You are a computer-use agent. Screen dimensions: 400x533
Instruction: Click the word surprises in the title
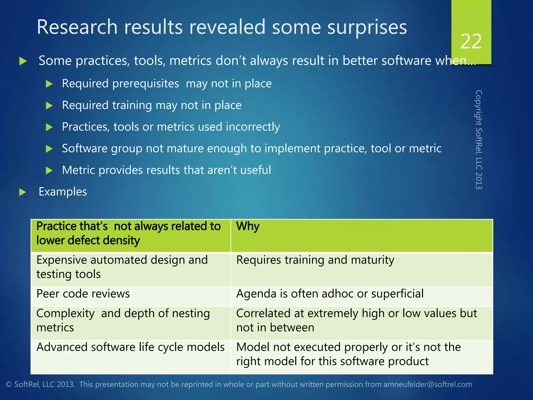pos(367,27)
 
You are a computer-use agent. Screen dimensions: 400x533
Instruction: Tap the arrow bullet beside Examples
pos(23,192)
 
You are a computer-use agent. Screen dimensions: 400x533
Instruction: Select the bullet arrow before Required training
pos(49,106)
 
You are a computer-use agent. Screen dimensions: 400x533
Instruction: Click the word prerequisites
pos(146,84)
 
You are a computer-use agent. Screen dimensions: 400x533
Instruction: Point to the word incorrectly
pos(253,127)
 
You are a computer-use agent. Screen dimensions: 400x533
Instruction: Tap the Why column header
pos(248,226)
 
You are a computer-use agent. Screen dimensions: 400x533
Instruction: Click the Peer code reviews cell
pos(83,294)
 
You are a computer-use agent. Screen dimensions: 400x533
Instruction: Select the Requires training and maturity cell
pos(315,260)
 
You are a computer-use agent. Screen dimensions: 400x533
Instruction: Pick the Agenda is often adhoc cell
pos(330,294)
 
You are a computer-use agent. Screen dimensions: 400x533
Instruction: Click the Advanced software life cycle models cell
pos(130,347)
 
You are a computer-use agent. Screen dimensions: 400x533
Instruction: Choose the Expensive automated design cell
pos(122,267)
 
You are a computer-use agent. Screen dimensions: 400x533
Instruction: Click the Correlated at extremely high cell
pos(356,320)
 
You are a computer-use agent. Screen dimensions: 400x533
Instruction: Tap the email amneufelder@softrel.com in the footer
pos(427,384)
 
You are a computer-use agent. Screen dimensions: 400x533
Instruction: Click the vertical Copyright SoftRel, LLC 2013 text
pos(479,140)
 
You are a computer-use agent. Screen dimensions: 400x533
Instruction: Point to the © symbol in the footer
pos(9,385)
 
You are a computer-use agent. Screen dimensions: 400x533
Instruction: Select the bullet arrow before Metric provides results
pos(49,171)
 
